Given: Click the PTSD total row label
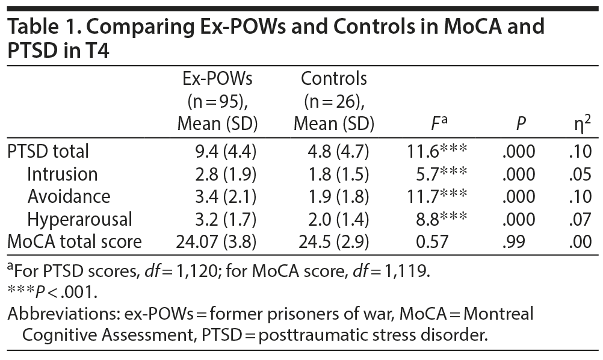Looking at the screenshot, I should coord(48,151).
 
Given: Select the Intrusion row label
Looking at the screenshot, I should coord(62,174).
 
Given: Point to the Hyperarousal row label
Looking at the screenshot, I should coord(79,219).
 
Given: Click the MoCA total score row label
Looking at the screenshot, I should coord(75,241).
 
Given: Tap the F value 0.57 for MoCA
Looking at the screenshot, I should coord(430,241).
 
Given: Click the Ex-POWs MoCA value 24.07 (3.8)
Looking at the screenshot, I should coord(217,241).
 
